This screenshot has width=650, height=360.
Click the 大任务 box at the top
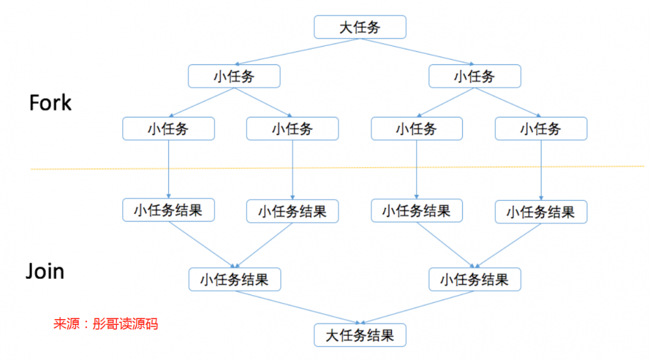point(360,27)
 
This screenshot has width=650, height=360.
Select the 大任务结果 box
point(360,335)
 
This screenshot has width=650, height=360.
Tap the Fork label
point(50,103)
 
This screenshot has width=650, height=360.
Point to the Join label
point(45,270)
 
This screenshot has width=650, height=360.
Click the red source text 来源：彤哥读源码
point(105,323)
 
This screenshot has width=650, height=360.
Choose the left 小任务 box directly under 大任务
point(234,76)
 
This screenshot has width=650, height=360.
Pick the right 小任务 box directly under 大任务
point(474,76)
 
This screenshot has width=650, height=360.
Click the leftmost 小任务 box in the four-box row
point(168,129)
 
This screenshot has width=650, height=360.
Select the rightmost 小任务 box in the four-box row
point(541,129)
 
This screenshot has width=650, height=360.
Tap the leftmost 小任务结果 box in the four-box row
point(168,210)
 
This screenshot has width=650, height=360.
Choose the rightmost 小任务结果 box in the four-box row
point(541,212)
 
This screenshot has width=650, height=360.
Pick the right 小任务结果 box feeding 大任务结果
point(474,279)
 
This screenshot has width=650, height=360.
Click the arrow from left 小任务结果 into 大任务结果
point(296,307)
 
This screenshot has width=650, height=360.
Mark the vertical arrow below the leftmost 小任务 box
point(168,169)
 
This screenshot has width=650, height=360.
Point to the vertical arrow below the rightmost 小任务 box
point(541,169)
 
